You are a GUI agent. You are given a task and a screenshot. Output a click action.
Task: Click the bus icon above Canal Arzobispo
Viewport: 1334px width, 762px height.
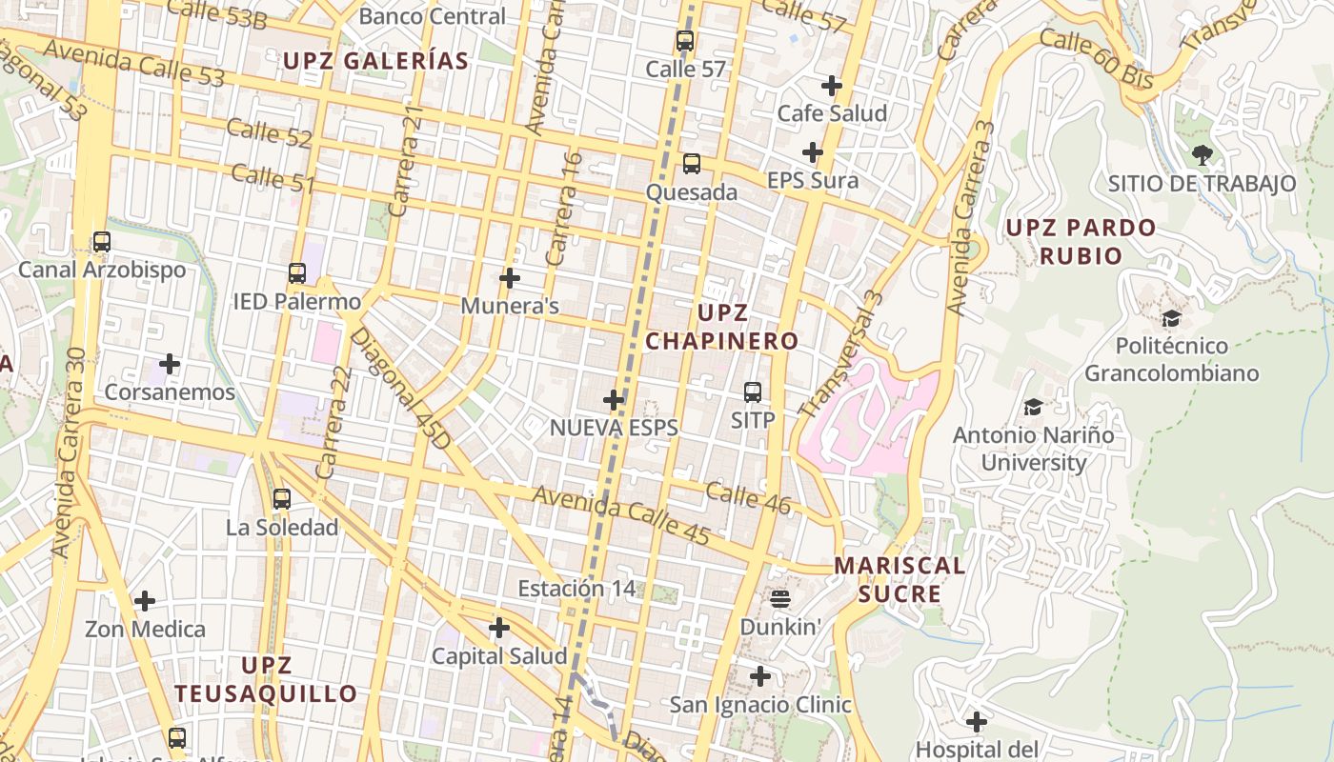tap(102, 242)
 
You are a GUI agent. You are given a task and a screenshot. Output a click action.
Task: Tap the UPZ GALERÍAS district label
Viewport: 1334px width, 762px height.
tap(375, 61)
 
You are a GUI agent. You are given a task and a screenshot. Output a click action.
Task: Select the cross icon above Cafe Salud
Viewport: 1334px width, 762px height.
tap(832, 86)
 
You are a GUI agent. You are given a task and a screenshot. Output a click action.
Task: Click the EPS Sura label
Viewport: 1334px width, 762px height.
tap(813, 180)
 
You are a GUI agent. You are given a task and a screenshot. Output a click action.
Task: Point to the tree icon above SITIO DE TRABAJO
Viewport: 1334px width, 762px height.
tap(1202, 154)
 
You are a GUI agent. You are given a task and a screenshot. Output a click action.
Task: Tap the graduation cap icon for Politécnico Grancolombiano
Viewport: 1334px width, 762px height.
tap(1171, 318)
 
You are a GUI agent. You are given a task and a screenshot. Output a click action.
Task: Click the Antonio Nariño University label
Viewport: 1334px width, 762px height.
tap(1034, 449)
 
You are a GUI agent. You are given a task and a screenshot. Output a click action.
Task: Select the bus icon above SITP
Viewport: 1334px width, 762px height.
tap(753, 391)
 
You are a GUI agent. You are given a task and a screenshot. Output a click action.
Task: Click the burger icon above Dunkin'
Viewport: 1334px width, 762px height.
tap(780, 599)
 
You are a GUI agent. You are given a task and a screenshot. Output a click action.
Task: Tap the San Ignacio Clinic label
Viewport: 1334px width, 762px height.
tap(759, 705)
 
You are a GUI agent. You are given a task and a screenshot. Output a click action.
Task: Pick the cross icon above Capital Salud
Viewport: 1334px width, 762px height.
tap(498, 628)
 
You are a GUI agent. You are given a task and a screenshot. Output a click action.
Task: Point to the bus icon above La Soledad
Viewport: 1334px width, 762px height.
tap(281, 498)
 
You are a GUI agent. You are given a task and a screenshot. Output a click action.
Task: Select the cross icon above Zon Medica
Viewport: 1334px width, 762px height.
tap(145, 601)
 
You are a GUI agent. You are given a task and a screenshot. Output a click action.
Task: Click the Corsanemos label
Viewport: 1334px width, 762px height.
tap(170, 391)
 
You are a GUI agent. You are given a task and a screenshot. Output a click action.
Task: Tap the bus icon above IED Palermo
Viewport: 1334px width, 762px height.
tap(297, 273)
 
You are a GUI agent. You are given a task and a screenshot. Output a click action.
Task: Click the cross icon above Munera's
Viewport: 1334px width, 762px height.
tap(510, 278)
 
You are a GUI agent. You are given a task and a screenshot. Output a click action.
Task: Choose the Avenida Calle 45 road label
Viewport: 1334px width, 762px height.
tap(621, 515)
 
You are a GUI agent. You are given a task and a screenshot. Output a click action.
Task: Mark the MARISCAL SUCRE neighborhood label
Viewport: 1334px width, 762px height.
tap(899, 579)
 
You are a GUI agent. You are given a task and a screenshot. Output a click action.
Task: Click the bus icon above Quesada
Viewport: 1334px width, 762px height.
tap(692, 164)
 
